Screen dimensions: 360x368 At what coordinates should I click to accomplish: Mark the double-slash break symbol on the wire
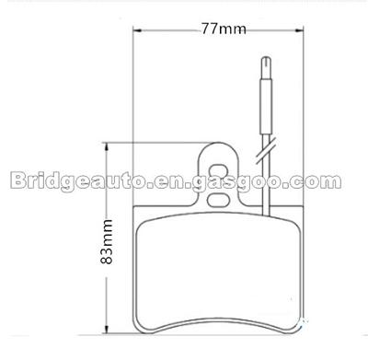267,145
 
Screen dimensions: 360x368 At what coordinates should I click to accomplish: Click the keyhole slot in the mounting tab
219,171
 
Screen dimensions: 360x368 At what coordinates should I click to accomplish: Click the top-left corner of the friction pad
141,221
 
